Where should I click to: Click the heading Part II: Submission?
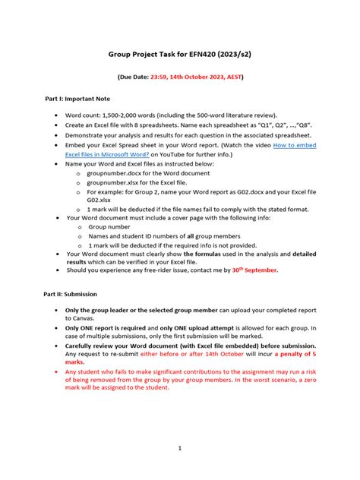[69, 293]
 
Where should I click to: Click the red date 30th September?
[254, 270]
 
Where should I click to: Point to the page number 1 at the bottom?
[180, 449]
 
